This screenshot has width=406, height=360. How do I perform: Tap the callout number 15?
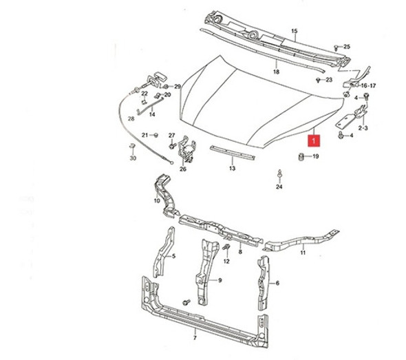[x=295, y=32]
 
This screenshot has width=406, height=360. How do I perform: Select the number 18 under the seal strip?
[x=276, y=72]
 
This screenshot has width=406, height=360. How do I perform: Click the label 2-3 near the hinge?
[x=363, y=128]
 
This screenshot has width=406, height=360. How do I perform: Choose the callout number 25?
[x=347, y=47]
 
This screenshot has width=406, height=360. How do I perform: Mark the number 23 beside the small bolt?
[x=328, y=80]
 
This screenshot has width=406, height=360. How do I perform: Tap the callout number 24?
[x=279, y=186]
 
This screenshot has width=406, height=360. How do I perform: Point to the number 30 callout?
[x=133, y=158]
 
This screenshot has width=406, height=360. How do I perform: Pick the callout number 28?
[x=131, y=118]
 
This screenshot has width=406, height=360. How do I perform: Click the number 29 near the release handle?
[x=177, y=87]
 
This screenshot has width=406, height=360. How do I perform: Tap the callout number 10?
[x=156, y=202]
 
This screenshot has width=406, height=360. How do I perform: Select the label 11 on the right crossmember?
[x=303, y=253]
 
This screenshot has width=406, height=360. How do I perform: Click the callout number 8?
[x=239, y=253]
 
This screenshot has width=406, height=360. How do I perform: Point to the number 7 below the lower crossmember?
[x=195, y=337]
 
